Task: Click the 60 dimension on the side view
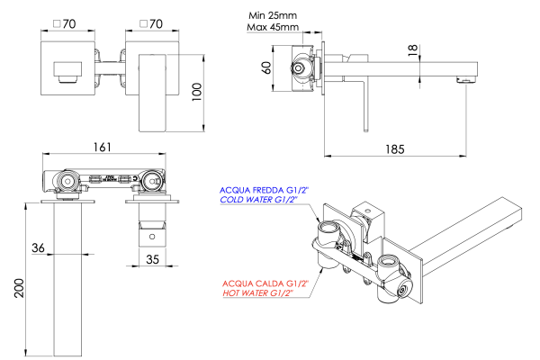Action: click(x=267, y=68)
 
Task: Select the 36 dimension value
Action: click(x=38, y=247)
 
